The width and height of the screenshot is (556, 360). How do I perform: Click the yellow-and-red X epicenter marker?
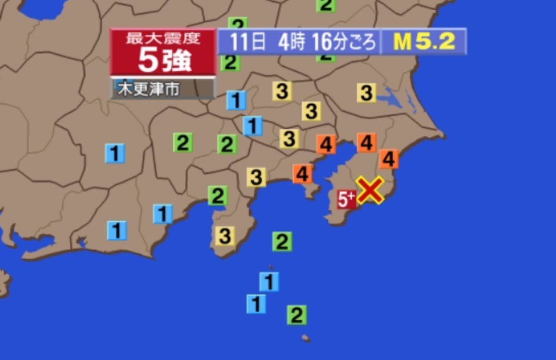click(x=370, y=190)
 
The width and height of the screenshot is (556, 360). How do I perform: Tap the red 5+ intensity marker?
click(x=346, y=200)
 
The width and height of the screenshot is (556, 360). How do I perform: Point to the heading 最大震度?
click(x=163, y=38)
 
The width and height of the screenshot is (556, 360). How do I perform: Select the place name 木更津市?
click(x=148, y=89)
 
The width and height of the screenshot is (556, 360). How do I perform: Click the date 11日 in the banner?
click(x=248, y=42)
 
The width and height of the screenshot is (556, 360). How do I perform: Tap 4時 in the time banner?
click(x=291, y=42)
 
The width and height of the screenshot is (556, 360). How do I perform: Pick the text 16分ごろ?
click(x=343, y=42)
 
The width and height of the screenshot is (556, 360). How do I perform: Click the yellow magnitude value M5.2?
click(x=424, y=42)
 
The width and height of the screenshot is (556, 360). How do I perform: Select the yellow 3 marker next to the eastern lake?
click(x=366, y=93)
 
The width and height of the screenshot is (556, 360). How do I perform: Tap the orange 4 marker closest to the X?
click(x=388, y=159)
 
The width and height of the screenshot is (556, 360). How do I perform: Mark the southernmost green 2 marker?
click(x=297, y=316)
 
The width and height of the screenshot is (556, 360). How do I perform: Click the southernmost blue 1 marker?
click(x=256, y=304)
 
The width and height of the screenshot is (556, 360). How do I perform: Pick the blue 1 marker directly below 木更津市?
click(x=236, y=100)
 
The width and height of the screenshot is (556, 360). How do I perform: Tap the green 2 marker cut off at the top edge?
click(x=326, y=5)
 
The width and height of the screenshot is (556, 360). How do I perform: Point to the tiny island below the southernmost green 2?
click(x=305, y=338)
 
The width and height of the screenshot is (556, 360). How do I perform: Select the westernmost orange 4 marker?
click(x=302, y=174)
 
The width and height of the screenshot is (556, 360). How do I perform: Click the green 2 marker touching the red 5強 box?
click(x=230, y=63)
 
